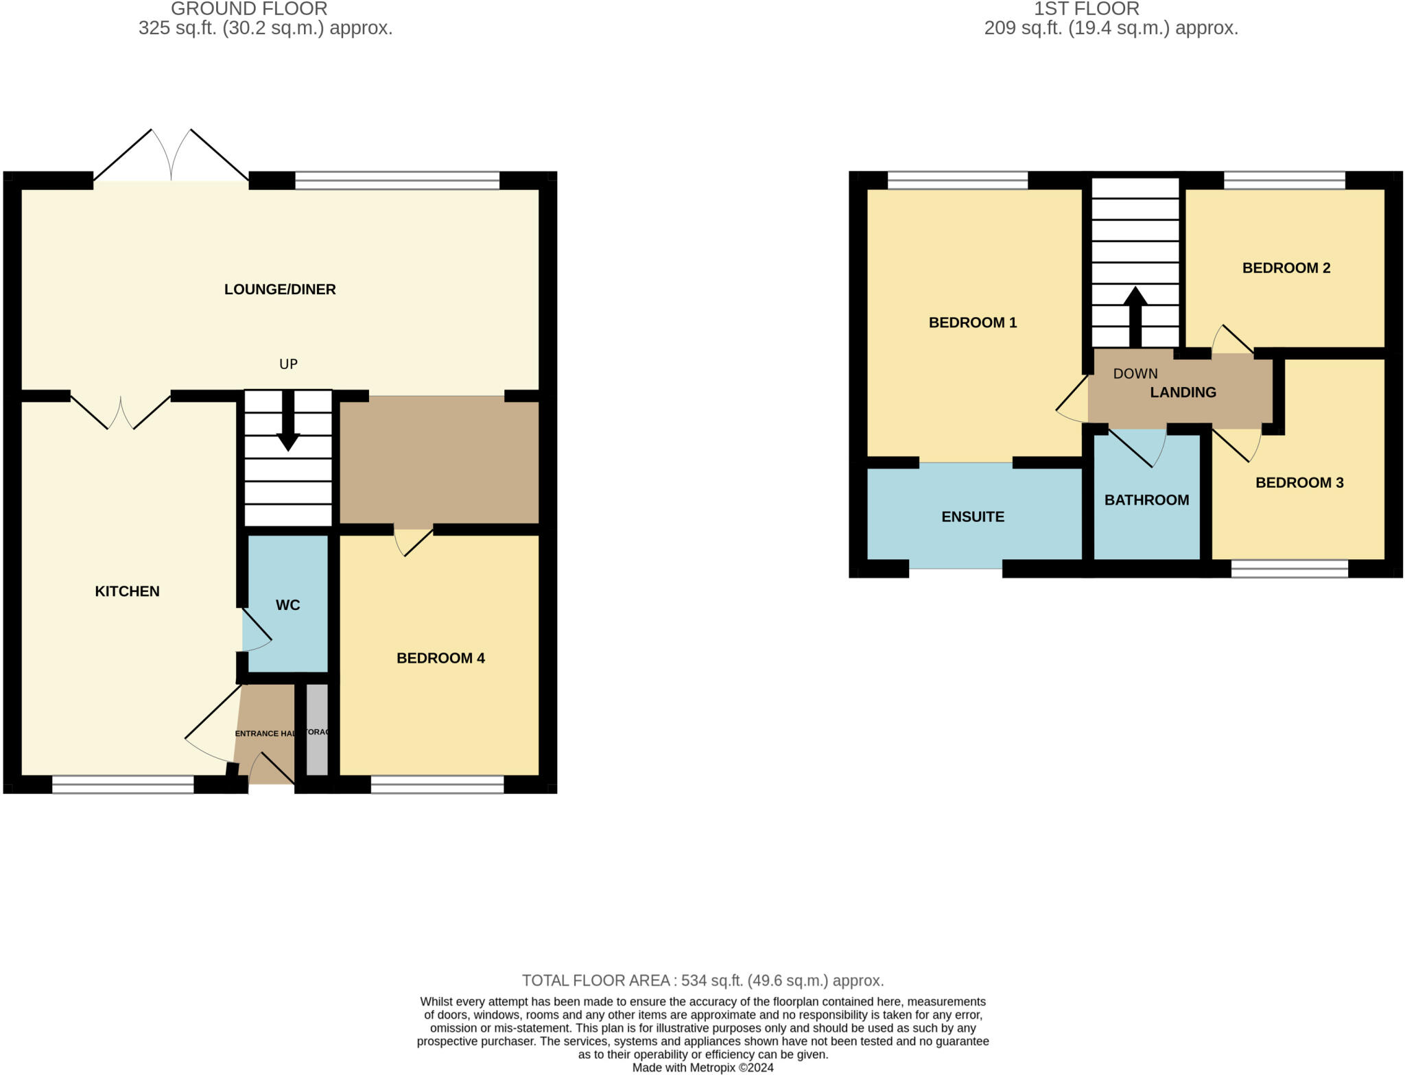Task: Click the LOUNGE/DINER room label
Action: pos(280,290)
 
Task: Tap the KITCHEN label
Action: pos(127,591)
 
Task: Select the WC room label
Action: pos(287,605)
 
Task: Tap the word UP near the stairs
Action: pos(288,364)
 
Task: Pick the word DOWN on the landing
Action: pos(1135,374)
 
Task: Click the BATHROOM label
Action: pos(1146,500)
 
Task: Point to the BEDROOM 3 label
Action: pos(1299,483)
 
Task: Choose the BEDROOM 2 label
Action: pos(1286,268)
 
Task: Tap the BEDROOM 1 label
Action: pos(972,322)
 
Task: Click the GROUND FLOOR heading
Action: pos(249,9)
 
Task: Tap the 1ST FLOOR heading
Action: pos(1086,9)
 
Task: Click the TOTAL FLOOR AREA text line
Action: pos(702,980)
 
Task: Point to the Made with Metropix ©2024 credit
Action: pos(702,1068)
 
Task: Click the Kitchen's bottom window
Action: pos(123,785)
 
